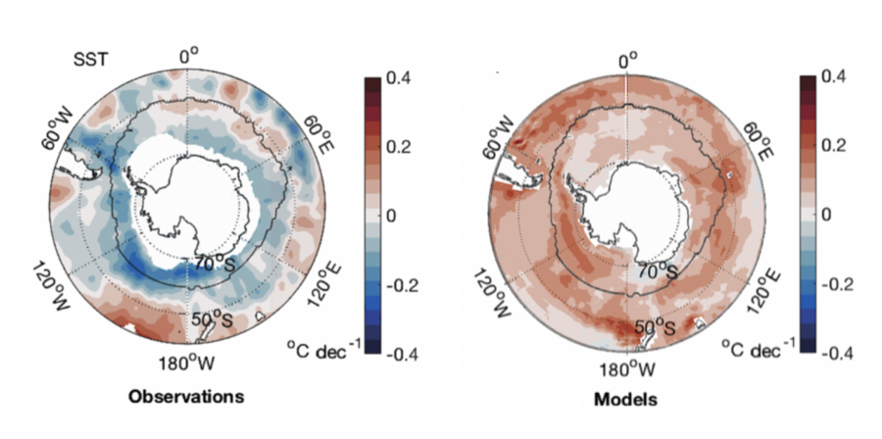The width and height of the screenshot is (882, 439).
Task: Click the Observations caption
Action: (186, 397)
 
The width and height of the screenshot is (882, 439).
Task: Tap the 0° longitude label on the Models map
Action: (627, 61)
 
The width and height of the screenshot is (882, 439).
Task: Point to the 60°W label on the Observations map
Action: (59, 134)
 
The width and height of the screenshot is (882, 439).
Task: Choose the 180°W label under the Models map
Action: (626, 369)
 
